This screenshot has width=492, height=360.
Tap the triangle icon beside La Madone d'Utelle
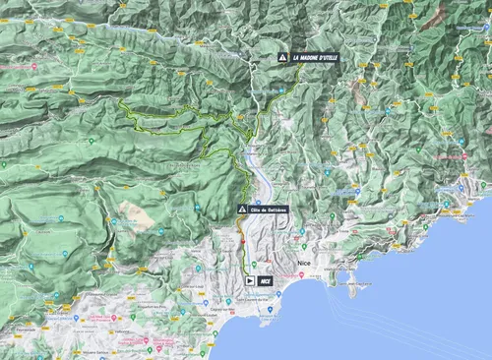pos(283,58)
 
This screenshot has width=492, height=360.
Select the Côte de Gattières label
pos(267,210)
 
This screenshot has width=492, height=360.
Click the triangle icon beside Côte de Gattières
pos(242,210)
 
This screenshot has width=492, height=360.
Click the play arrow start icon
pos(251,280)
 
